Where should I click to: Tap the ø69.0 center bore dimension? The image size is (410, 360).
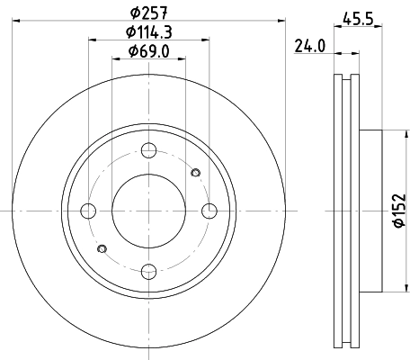point(148,51)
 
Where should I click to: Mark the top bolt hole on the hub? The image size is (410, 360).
point(148,151)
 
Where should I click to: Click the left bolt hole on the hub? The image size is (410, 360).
point(88,211)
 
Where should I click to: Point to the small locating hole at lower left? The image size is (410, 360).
point(101,248)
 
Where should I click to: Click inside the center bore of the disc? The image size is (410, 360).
point(148,211)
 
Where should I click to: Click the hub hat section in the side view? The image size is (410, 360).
point(370,211)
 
